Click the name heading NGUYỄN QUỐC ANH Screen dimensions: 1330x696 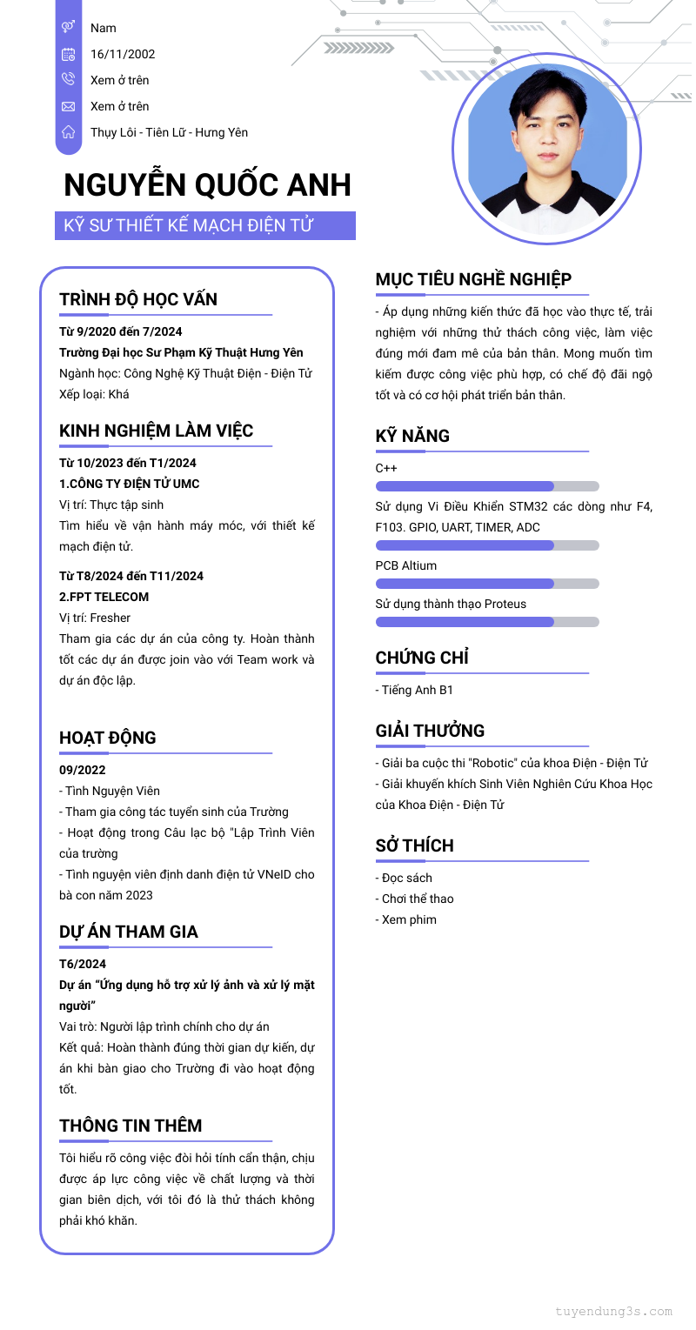click(x=207, y=185)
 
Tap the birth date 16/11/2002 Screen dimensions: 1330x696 click(x=123, y=54)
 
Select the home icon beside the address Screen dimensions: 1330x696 click(x=68, y=132)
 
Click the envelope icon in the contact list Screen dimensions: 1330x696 click(x=68, y=106)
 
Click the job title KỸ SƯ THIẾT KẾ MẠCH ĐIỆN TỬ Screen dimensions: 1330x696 click(x=188, y=226)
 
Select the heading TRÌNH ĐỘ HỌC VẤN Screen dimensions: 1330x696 click(x=138, y=299)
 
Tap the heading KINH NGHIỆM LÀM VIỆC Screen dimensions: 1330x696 click(x=157, y=431)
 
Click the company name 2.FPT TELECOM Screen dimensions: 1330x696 click(x=104, y=597)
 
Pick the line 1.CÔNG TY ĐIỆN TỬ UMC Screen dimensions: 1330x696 click(x=130, y=484)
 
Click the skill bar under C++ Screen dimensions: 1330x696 click(x=487, y=486)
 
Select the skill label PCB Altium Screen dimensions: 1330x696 click(x=406, y=565)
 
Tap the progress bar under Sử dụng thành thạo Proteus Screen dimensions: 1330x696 click(x=487, y=622)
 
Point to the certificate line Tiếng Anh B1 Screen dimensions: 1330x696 click(x=417, y=690)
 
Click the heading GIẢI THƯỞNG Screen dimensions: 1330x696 click(x=430, y=731)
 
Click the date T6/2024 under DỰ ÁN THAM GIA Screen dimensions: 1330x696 click(x=83, y=964)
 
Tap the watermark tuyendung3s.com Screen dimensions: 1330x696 click(x=613, y=1311)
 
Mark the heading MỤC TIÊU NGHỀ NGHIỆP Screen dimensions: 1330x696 click(x=473, y=279)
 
